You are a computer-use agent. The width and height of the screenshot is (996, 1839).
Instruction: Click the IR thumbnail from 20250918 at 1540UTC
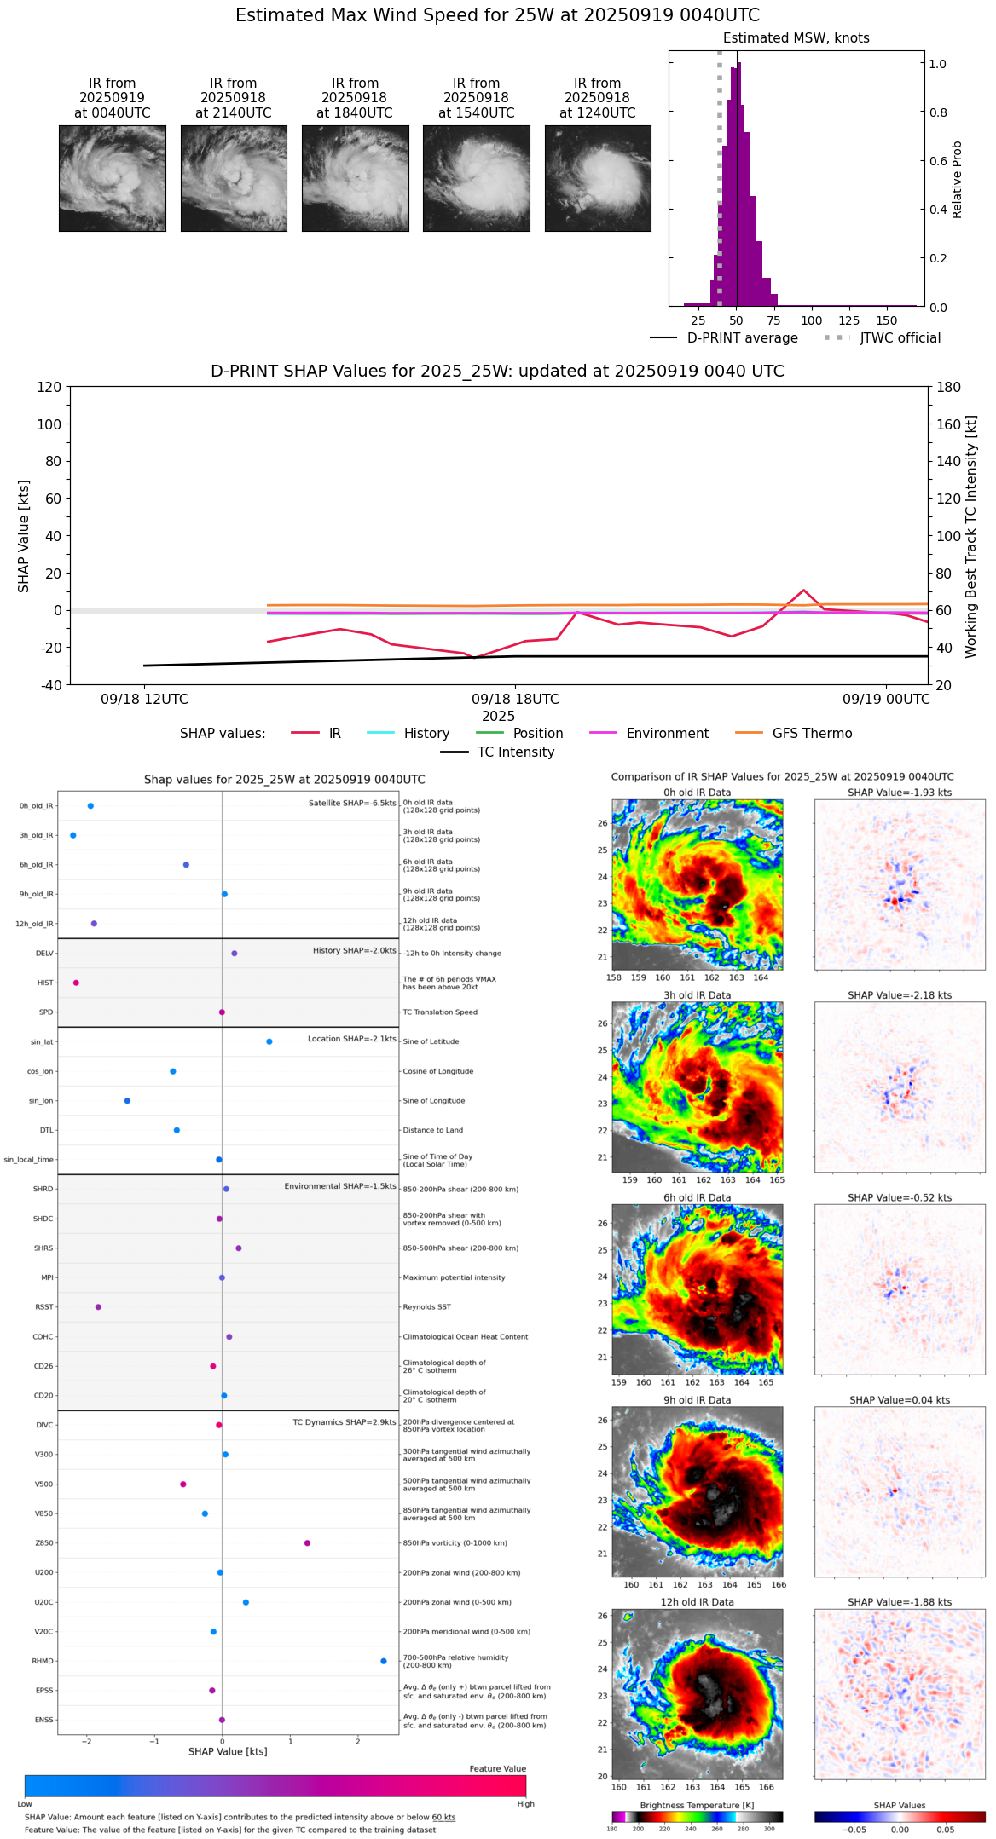(x=477, y=178)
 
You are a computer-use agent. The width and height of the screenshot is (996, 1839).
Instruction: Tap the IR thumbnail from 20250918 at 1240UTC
(x=598, y=178)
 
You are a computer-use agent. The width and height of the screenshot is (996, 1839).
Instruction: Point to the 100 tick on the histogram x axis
(x=812, y=320)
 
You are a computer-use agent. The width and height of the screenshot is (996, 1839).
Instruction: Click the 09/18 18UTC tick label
(x=515, y=700)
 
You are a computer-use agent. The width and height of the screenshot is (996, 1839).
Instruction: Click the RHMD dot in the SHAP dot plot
(x=384, y=1661)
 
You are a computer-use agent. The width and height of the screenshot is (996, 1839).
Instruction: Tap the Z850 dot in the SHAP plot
(x=307, y=1543)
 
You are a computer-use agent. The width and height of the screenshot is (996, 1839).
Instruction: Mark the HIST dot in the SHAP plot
(x=76, y=983)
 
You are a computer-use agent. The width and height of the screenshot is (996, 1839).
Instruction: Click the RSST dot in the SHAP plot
(x=98, y=1307)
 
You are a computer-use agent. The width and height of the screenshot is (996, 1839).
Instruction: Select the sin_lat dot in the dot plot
(x=269, y=1041)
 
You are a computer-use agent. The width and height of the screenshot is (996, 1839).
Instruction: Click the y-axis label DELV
(x=44, y=954)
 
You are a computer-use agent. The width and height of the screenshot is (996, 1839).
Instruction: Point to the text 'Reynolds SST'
(x=426, y=1307)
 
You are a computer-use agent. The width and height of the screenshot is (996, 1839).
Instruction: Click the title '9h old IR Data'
(x=697, y=1400)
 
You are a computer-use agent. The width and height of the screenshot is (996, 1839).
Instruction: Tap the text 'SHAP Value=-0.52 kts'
(x=900, y=1198)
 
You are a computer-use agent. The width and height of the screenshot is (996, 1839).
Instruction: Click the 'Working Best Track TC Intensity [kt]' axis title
(x=971, y=537)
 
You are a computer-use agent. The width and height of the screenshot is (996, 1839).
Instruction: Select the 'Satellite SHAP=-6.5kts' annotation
(x=352, y=803)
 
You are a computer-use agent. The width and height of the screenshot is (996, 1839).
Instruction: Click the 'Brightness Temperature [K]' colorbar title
(x=697, y=1805)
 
